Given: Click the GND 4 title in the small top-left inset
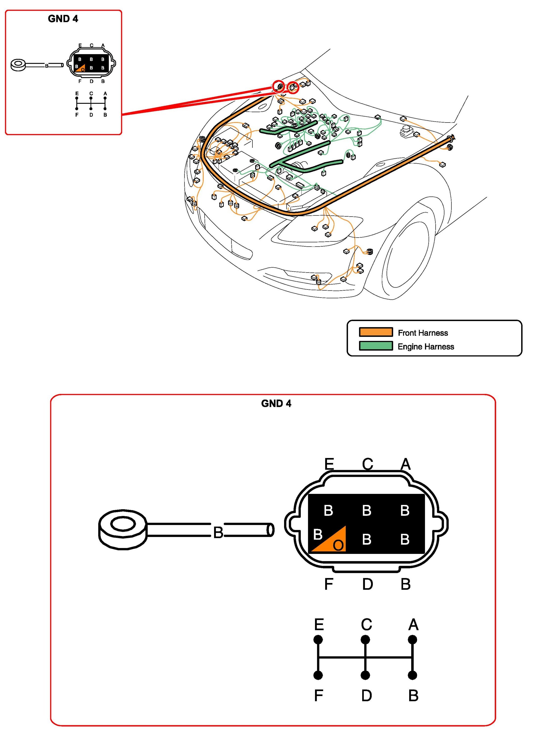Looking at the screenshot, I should pyautogui.click(x=63, y=19).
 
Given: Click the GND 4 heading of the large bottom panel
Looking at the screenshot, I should pyautogui.click(x=276, y=404).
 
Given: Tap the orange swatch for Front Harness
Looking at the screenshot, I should pyautogui.click(x=376, y=332).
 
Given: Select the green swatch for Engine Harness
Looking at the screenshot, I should pyautogui.click(x=376, y=346).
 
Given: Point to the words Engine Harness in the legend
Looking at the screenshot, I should pyautogui.click(x=426, y=347).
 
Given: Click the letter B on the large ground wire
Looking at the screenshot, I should pyautogui.click(x=218, y=533).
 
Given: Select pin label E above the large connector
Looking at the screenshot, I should pyautogui.click(x=329, y=464).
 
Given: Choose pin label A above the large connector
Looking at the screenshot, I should pyautogui.click(x=405, y=464).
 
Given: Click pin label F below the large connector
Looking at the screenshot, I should pyautogui.click(x=328, y=584).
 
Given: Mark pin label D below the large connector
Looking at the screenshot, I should pyautogui.click(x=367, y=584).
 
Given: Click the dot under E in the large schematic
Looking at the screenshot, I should pyautogui.click(x=318, y=640).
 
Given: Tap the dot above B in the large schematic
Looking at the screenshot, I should pyautogui.click(x=413, y=675).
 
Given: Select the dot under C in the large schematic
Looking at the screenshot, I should pyautogui.click(x=365, y=640).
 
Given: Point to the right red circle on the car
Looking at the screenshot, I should pyautogui.click(x=293, y=87).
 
